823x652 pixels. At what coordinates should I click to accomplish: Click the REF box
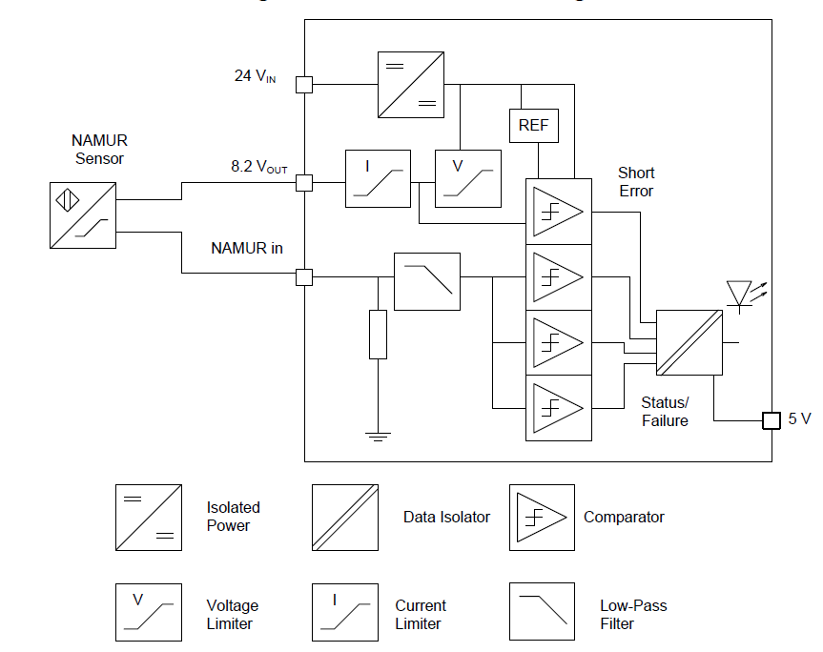(533, 125)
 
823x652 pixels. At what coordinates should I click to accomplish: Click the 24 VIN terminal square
(304, 84)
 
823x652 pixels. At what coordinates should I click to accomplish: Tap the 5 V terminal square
(771, 420)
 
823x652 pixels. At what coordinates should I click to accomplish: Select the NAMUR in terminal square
(304, 277)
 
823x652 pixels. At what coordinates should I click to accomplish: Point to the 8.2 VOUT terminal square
(304, 182)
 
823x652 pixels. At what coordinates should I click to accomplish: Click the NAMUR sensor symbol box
(83, 216)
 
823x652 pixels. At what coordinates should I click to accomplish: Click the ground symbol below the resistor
(378, 437)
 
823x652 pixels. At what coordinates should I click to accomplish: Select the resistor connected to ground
(378, 334)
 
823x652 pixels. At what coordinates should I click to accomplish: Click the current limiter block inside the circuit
(378, 178)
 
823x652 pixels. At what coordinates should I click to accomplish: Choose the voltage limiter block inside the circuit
(467, 178)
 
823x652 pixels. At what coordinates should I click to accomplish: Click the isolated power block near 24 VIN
(409, 85)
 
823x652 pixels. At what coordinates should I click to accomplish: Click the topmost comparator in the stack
(558, 212)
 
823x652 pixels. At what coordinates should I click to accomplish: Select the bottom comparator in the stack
(558, 407)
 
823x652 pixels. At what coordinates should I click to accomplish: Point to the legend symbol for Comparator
(542, 518)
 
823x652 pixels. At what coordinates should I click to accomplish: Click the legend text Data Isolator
(446, 517)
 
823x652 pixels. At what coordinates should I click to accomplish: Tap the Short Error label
(636, 182)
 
